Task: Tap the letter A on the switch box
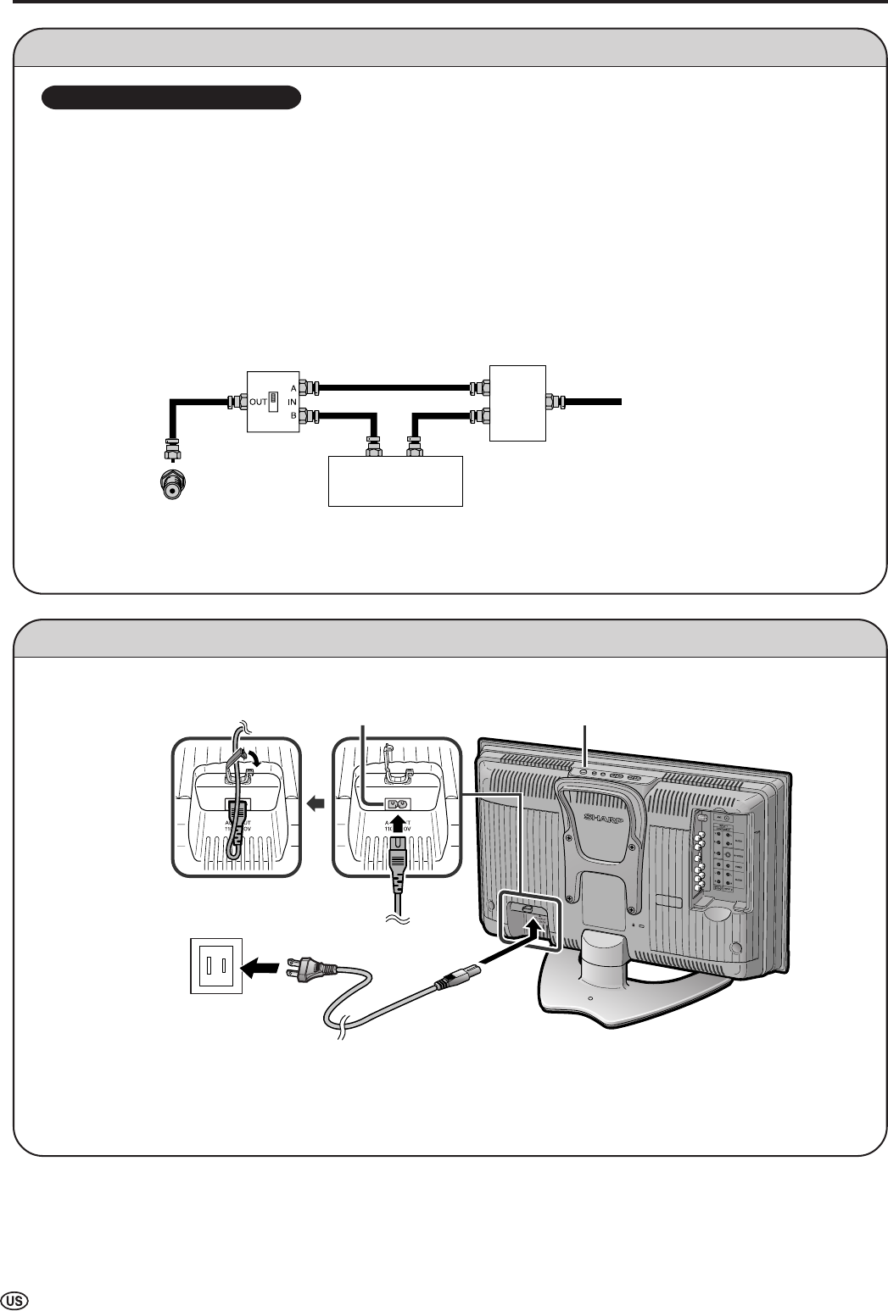[293, 387]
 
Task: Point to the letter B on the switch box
[293, 414]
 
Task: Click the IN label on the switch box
[292, 401]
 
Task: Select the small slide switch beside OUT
[274, 401]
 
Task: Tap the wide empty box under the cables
[395, 481]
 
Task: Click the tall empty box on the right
[517, 403]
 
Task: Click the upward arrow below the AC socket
[398, 823]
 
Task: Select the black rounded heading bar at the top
[172, 97]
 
